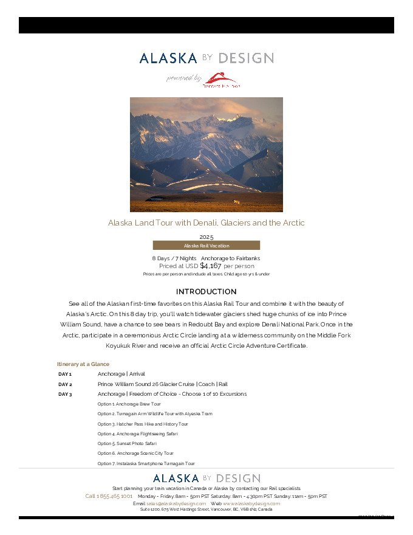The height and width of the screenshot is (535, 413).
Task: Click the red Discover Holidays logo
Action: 222,80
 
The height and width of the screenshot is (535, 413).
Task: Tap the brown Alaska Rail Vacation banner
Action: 206,246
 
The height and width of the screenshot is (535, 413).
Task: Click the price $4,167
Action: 211,266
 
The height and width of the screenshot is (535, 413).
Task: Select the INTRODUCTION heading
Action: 206,292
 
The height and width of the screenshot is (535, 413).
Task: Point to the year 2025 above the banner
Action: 206,236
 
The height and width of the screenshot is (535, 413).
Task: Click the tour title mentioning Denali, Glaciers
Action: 206,223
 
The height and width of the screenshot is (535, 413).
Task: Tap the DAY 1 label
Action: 65,374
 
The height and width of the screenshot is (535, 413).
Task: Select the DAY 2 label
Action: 65,385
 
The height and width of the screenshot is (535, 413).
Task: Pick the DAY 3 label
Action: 65,395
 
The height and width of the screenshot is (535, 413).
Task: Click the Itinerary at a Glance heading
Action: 83,364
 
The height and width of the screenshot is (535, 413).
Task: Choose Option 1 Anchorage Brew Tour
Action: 129,404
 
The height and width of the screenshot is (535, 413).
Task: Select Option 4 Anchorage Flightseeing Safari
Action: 137,434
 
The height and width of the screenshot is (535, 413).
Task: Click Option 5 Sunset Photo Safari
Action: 128,444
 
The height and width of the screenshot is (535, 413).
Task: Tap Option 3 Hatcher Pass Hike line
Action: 143,424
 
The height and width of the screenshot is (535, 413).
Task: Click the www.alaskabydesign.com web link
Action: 251,503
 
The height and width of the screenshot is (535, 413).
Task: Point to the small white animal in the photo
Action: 236,202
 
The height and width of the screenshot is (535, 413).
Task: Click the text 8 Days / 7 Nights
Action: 174,258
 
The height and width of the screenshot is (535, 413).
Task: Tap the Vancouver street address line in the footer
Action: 206,509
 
